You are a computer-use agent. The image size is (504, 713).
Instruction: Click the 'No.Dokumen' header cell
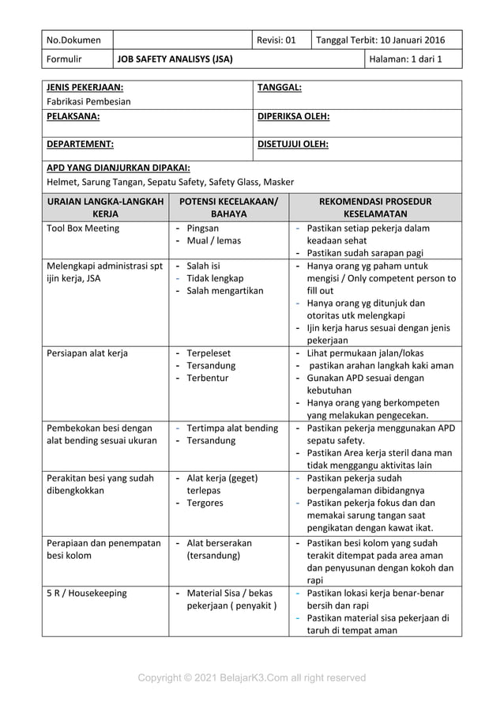click(x=74, y=40)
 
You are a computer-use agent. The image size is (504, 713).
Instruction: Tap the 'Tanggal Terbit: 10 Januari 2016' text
click(x=380, y=40)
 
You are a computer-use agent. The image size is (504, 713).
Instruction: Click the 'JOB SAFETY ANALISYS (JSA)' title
click(x=175, y=58)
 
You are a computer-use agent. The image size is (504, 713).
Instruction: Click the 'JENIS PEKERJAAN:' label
click(x=85, y=88)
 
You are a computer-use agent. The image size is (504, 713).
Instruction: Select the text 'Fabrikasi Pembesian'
click(x=88, y=101)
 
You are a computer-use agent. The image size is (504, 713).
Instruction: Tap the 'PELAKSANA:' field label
click(x=73, y=116)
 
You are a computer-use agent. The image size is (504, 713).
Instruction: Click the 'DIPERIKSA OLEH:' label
click(x=293, y=116)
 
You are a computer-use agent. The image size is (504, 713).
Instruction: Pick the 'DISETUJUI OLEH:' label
click(x=293, y=145)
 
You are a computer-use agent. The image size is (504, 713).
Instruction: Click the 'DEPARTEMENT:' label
click(x=80, y=145)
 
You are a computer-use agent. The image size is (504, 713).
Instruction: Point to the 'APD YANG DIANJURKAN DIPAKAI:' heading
click(x=118, y=168)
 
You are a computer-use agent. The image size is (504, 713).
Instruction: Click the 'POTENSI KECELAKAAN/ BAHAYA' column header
click(x=228, y=207)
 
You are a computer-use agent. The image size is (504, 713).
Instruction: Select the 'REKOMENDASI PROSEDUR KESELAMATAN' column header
click(x=375, y=207)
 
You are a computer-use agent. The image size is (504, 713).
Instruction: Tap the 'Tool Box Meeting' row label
click(x=83, y=228)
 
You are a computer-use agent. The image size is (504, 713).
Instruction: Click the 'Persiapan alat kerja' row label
click(x=87, y=353)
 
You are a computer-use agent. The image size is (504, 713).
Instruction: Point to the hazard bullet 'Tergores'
click(x=205, y=503)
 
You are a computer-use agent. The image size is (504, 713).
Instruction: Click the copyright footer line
click(x=252, y=677)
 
